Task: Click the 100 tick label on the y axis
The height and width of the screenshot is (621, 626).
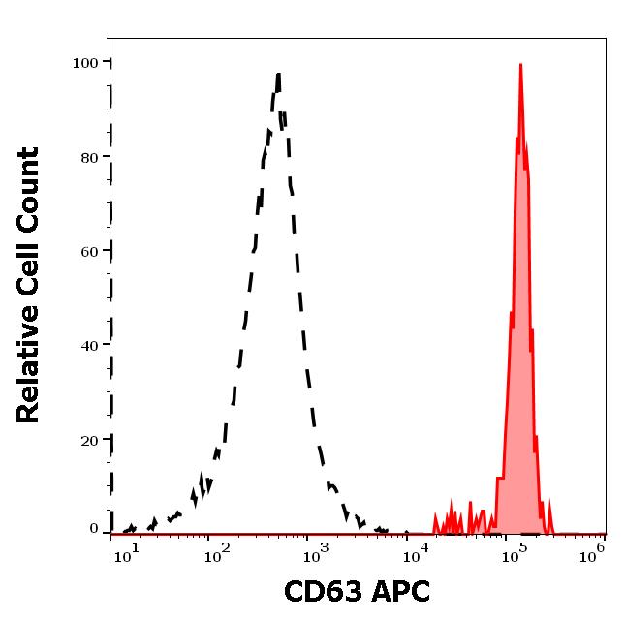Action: pyautogui.click(x=86, y=63)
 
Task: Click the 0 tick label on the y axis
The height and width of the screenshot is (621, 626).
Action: pyautogui.click(x=94, y=529)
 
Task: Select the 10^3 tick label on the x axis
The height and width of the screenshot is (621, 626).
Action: pyautogui.click(x=317, y=553)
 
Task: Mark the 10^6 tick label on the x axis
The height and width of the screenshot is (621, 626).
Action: pyautogui.click(x=593, y=551)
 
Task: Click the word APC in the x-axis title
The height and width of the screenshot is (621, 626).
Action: pyautogui.click(x=395, y=591)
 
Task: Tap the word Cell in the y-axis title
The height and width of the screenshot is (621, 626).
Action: pyautogui.click(x=30, y=262)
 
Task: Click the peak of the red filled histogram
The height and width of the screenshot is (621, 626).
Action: pyautogui.click(x=520, y=65)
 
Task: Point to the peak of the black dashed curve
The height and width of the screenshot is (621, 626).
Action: pyautogui.click(x=278, y=74)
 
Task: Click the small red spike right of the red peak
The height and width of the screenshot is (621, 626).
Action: pyautogui.click(x=549, y=505)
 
